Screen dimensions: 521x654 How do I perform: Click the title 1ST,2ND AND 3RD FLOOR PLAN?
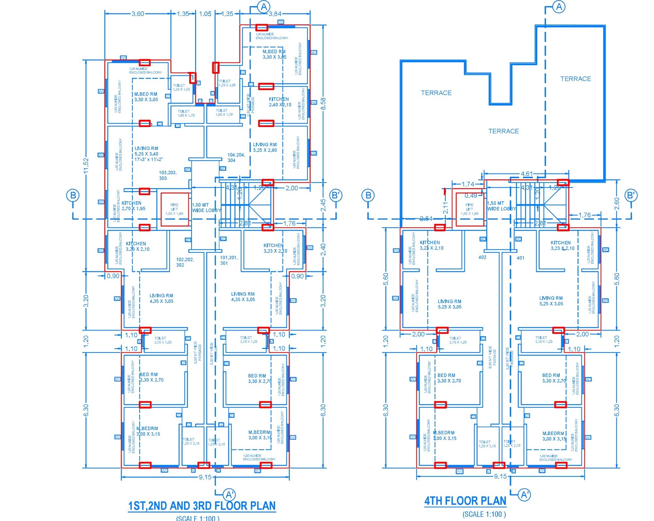[x=202, y=506]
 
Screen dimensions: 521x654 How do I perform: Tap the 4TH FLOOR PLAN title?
[x=465, y=501]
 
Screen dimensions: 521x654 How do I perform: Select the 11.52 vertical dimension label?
[x=86, y=166]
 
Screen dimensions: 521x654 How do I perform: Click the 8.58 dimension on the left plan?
[x=323, y=104]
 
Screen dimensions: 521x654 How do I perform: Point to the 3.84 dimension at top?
[x=275, y=14]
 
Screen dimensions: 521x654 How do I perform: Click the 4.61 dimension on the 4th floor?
[x=526, y=174]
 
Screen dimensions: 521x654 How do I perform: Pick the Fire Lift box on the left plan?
[x=175, y=209]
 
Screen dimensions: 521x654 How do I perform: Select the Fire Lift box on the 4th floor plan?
[x=470, y=209]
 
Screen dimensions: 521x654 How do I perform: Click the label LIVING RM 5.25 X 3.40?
[x=149, y=154]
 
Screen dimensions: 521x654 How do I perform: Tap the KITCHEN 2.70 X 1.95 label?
[x=133, y=206]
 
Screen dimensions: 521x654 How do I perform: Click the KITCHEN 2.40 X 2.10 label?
[x=280, y=102]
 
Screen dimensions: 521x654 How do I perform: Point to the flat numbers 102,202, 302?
[x=185, y=262]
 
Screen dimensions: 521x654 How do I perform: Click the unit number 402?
[x=482, y=257]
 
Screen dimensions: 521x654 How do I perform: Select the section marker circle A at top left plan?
[x=264, y=7]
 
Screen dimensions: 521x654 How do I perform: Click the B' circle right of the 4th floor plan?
[x=630, y=195]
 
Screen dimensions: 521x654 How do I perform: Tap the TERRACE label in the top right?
[x=576, y=79]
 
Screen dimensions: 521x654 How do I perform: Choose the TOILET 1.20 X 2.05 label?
[x=227, y=83]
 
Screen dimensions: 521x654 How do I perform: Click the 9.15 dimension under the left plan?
[x=205, y=477]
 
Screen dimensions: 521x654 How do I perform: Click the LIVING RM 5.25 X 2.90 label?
[x=265, y=147]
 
